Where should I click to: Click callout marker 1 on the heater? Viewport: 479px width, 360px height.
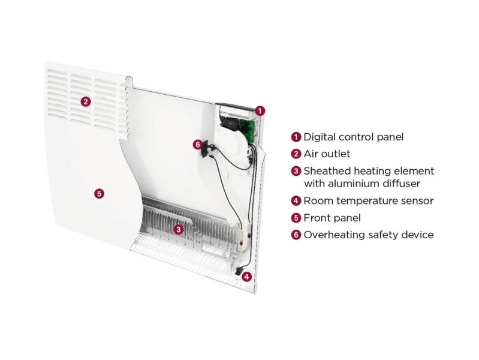[260, 110]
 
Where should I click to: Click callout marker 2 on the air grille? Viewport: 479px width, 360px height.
[86, 101]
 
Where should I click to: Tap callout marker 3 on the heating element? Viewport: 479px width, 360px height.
[178, 229]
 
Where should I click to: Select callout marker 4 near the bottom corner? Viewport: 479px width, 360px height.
[246, 277]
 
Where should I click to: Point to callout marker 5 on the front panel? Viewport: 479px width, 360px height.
[99, 193]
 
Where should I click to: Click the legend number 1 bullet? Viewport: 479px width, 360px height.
[296, 137]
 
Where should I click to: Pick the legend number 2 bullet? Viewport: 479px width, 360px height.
[296, 154]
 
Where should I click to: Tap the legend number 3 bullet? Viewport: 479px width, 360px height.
[296, 171]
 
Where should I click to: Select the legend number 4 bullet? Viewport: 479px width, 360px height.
[296, 201]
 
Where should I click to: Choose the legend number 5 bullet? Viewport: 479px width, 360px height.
[296, 218]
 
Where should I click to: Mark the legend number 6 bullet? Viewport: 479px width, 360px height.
[296, 235]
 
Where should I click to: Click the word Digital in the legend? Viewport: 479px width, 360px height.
[320, 137]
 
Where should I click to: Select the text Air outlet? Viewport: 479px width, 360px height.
[327, 154]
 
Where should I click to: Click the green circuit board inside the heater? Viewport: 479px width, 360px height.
[246, 127]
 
